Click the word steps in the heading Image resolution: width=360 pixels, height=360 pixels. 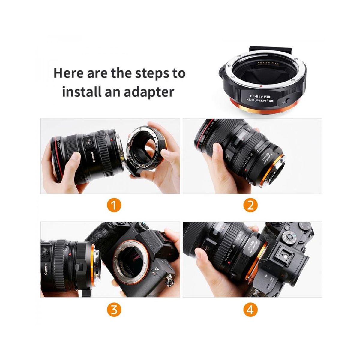150,73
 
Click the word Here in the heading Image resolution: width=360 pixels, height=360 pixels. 68,73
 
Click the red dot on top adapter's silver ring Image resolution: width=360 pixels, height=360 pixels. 261,86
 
